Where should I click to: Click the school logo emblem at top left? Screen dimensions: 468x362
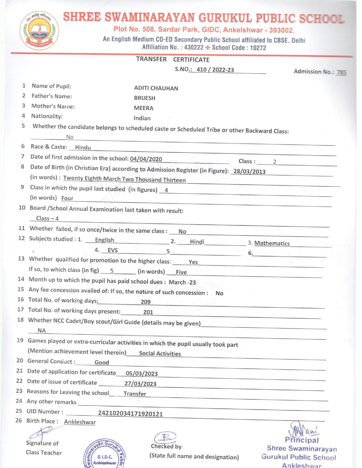(39, 30)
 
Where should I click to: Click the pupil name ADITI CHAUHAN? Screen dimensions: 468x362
(156, 88)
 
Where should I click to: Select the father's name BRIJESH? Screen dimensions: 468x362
(145, 98)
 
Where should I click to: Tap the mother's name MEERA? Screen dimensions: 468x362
(143, 108)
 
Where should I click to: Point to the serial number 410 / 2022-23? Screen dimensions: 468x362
(215, 70)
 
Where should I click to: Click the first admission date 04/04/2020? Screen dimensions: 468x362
(146, 159)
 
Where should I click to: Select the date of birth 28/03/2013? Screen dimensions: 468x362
(249, 171)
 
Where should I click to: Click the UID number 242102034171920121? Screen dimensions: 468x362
(130, 414)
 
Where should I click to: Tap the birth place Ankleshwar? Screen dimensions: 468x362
(80, 422)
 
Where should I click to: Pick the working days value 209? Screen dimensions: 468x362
(146, 302)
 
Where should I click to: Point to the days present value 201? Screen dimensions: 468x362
(148, 312)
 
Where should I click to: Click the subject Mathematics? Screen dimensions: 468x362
(272, 243)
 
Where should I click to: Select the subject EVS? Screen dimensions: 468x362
(113, 250)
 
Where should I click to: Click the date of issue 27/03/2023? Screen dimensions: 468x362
(140, 384)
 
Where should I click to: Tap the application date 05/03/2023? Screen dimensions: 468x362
(142, 374)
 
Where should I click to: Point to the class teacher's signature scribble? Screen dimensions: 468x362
(41, 434)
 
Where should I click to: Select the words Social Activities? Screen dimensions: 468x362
(160, 354)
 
